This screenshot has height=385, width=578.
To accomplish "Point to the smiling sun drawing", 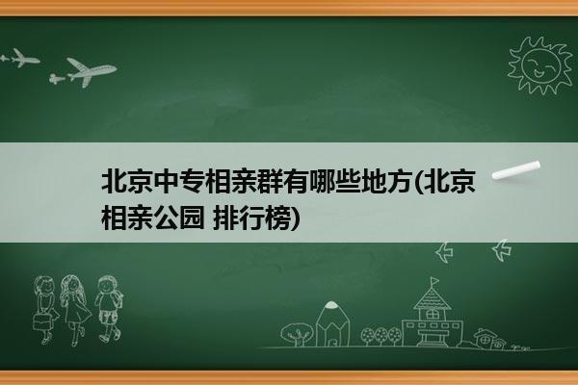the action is (539, 65).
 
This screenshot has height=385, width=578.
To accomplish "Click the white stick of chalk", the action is (516, 170).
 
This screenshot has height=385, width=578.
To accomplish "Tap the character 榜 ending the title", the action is (277, 218).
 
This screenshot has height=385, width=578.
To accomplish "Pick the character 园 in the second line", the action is (192, 218).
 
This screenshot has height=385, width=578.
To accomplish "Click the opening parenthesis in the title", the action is (418, 181).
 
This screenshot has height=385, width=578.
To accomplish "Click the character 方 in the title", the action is (398, 181).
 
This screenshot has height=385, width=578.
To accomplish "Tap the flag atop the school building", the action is (435, 281).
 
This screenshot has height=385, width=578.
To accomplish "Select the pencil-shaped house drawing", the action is (332, 323).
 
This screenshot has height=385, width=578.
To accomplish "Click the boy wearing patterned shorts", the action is (109, 308).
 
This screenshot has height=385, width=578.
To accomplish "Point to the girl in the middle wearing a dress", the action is (75, 309).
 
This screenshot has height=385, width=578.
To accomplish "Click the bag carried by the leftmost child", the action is (41, 321).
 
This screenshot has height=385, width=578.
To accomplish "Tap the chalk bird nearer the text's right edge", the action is (444, 252).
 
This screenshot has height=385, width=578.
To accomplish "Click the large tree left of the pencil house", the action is (297, 334).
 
